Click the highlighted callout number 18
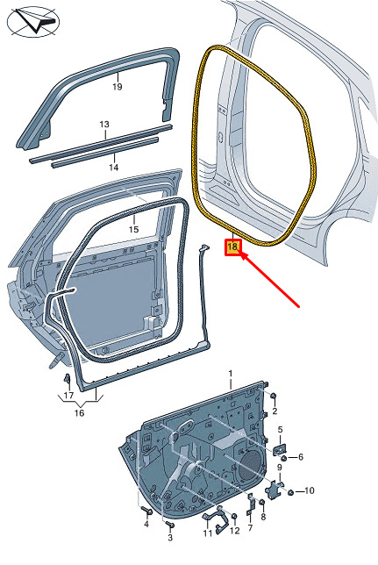click(x=232, y=247)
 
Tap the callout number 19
click(x=118, y=87)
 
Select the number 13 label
click(x=104, y=125)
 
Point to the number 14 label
click(x=113, y=168)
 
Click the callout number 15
click(x=133, y=229)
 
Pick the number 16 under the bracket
click(x=79, y=412)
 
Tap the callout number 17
click(x=68, y=396)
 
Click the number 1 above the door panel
click(x=231, y=374)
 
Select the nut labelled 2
click(x=273, y=396)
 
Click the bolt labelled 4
click(x=147, y=511)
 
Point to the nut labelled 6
click(x=284, y=458)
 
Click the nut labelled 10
click(x=290, y=492)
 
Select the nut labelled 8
click(x=262, y=503)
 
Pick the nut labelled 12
click(x=234, y=517)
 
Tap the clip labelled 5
click(x=280, y=449)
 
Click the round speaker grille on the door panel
click(x=251, y=464)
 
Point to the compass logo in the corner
click(x=33, y=22)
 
